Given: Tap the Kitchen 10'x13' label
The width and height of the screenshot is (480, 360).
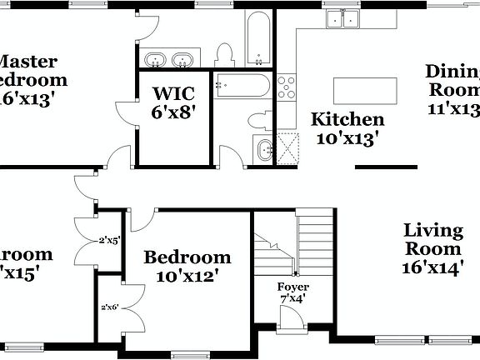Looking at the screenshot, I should pyautogui.click(x=347, y=129).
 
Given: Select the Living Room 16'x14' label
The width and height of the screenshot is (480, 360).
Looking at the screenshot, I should pyautogui.click(x=432, y=248).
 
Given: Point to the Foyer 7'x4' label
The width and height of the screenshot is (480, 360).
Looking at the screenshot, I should pyautogui.click(x=293, y=292).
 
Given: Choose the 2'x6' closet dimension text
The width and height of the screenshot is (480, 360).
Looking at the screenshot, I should pyautogui.click(x=110, y=307).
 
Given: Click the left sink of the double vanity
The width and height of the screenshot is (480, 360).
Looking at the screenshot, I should pyautogui.click(x=156, y=60).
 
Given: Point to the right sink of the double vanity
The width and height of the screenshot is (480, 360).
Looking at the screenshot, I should pyautogui.click(x=182, y=60).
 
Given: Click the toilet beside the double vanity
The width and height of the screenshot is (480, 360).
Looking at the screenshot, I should pyautogui.click(x=223, y=55).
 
